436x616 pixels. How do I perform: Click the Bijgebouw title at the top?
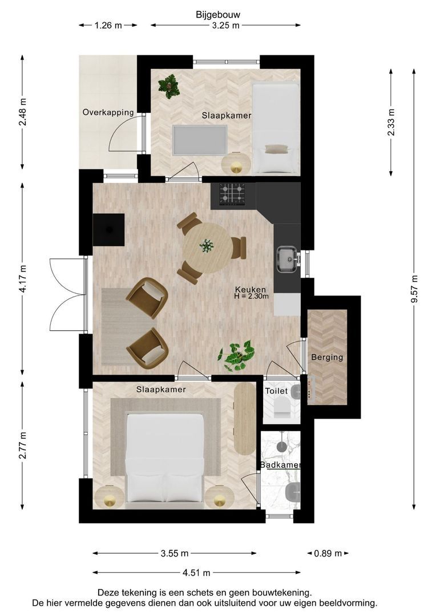[218, 15]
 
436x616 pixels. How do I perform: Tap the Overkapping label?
[108, 112]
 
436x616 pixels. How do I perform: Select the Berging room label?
[327, 358]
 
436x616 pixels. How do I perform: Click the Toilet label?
[276, 391]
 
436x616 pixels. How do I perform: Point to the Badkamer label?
[280, 465]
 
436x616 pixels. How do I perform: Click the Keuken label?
[251, 290]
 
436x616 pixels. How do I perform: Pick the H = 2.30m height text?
[251, 296]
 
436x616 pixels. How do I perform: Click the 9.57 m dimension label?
[414, 289]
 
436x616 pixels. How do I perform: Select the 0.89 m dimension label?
[328, 553]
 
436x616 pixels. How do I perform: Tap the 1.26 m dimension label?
[108, 26]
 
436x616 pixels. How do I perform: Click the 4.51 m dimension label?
[196, 573]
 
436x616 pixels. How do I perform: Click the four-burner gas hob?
[232, 194]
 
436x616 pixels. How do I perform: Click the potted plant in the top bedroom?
[169, 86]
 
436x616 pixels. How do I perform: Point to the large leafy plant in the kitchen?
[237, 355]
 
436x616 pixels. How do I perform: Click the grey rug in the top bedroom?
[200, 140]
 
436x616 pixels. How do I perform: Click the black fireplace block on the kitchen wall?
[108, 230]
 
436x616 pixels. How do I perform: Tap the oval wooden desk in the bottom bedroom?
[245, 419]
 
